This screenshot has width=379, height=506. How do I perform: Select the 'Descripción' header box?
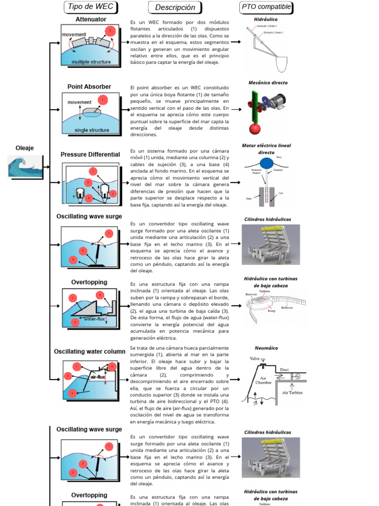[x=175, y=7]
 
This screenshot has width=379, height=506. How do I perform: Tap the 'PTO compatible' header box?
[x=266, y=7]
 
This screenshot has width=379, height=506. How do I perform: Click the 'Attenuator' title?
[x=91, y=19]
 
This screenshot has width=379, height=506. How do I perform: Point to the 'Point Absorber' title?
[x=89, y=87]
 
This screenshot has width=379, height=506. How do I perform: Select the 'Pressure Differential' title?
[x=90, y=155]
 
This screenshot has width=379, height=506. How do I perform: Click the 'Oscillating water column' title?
[x=90, y=351]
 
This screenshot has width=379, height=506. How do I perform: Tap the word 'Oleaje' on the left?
[x=25, y=148]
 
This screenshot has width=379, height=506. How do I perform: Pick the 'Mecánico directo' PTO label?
[x=267, y=83]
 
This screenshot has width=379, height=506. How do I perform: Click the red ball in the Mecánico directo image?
[x=255, y=128]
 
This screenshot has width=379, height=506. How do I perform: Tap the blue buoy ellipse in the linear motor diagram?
[x=267, y=163]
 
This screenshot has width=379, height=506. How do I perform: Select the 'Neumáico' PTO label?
[x=266, y=348]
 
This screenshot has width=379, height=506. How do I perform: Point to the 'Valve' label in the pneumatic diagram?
[x=255, y=359]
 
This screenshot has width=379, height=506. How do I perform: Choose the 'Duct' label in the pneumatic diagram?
[x=284, y=370]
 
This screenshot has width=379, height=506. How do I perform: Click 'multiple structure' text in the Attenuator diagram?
[x=91, y=62]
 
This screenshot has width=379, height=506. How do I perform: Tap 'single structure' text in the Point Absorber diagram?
[x=91, y=130]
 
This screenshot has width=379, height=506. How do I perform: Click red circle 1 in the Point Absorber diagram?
[x=103, y=100]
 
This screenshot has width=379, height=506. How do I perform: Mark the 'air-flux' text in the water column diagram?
[x=98, y=377]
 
